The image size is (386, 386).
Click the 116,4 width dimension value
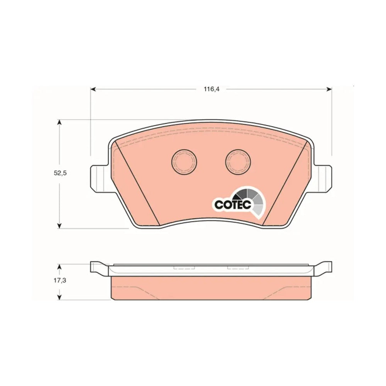(211, 89)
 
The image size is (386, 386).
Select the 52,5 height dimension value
(60, 173)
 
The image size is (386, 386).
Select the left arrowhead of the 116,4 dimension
(93, 89)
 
